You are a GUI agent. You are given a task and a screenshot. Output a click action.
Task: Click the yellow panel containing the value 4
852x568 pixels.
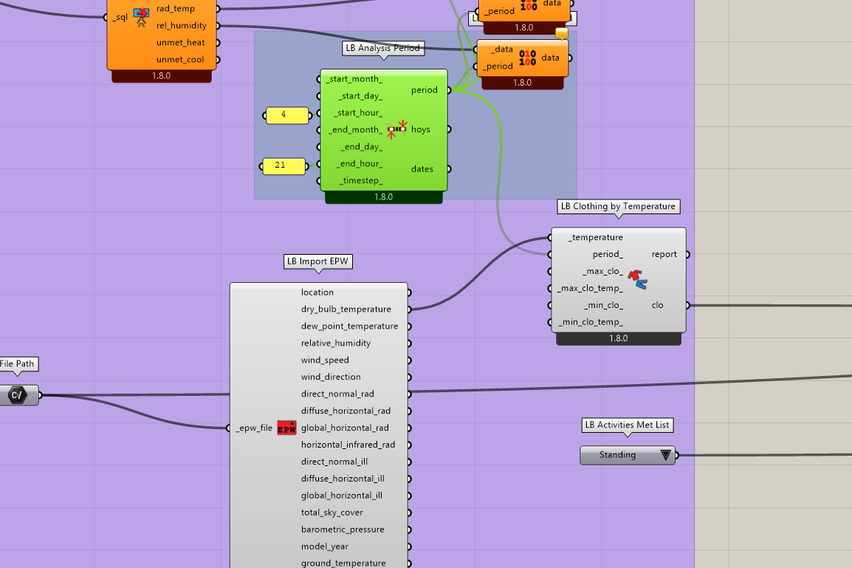[x=287, y=115]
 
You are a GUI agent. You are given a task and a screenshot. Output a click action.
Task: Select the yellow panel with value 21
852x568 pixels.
[x=283, y=165]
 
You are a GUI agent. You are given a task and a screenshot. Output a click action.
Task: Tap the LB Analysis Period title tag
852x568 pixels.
[x=383, y=48]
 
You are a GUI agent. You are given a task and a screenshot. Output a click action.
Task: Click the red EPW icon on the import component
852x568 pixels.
[x=287, y=428]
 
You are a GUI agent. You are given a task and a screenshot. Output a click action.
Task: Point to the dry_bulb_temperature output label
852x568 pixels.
[x=346, y=309]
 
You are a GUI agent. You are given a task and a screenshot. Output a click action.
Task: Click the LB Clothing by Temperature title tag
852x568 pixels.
[x=619, y=207]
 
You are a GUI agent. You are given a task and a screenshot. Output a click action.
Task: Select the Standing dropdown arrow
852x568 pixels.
[x=666, y=455]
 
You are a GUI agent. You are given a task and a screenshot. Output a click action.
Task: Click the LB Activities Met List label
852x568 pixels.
[x=628, y=425]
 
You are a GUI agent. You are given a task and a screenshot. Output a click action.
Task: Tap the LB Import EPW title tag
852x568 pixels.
[x=318, y=261]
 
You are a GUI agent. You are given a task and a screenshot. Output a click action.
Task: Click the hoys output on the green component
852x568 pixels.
[x=421, y=129]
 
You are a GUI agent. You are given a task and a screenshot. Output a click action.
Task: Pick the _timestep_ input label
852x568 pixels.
[x=361, y=180]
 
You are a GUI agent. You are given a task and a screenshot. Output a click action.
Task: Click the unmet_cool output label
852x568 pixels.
[x=180, y=60]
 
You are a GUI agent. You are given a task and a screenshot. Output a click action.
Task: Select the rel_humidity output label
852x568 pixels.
[x=182, y=26]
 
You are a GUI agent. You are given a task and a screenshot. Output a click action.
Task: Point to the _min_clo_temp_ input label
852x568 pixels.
[x=591, y=322]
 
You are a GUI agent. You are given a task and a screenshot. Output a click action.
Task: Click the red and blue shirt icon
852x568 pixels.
[x=637, y=279]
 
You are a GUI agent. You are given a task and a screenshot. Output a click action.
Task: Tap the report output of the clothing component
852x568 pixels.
[x=664, y=254]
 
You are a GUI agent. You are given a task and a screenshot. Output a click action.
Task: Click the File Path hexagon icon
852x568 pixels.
[x=17, y=395]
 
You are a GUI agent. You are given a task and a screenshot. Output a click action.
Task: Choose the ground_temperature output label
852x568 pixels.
[x=343, y=563]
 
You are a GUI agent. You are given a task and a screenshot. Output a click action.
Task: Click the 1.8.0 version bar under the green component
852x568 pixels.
[x=384, y=197]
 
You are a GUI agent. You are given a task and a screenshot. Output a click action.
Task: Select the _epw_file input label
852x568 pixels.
[x=254, y=428]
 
